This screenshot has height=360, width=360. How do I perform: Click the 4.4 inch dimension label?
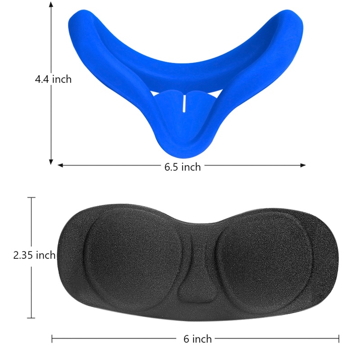pyautogui.click(x=53, y=79)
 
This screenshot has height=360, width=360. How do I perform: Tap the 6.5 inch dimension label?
pyautogui.click(x=182, y=167)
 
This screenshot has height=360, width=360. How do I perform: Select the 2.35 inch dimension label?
pyautogui.click(x=34, y=255)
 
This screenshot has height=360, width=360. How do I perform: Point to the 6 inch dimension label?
pyautogui.click(x=198, y=339)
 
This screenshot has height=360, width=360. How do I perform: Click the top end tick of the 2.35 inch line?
pyautogui.click(x=31, y=197)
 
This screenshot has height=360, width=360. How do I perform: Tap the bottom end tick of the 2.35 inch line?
pyautogui.click(x=31, y=318)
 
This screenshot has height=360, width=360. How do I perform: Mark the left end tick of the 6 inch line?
pyautogui.click(x=52, y=339)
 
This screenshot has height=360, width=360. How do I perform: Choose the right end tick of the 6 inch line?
pyautogui.click(x=339, y=339)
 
